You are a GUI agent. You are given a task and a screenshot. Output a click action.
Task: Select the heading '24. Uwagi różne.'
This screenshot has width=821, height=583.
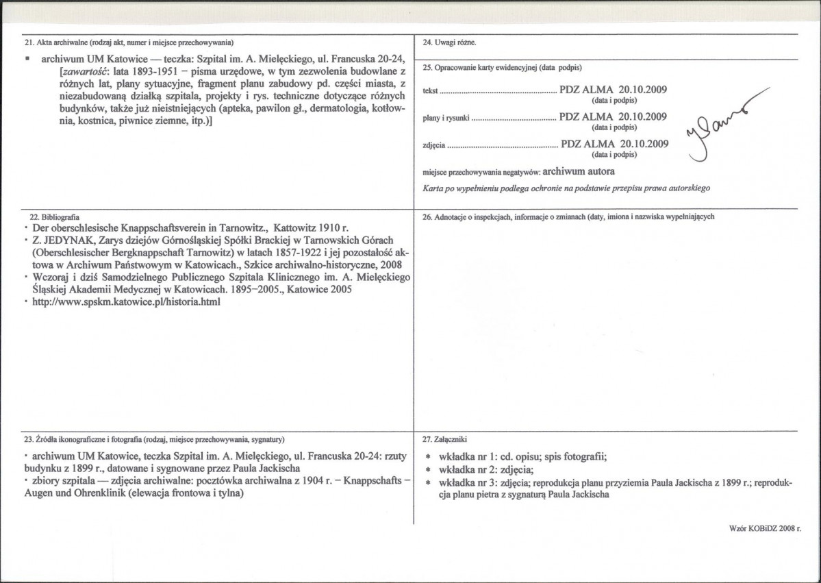[x=449, y=43]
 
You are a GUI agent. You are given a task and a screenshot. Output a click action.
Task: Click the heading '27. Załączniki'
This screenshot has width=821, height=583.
[x=447, y=438]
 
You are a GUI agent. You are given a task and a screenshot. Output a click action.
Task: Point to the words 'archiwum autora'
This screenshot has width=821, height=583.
[x=581, y=171]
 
